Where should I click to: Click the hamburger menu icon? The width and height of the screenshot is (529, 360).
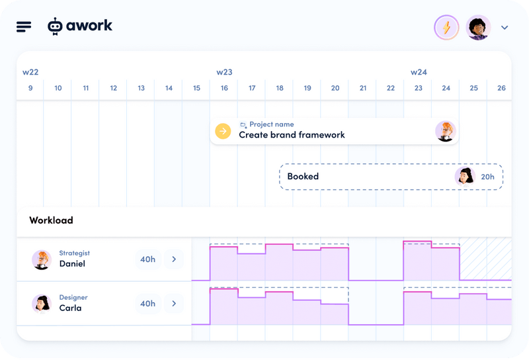(x=24, y=26)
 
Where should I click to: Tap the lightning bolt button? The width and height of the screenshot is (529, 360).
(x=446, y=27)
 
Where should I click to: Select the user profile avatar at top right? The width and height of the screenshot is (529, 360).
(x=478, y=27)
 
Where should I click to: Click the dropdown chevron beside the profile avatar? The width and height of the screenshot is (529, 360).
(x=505, y=28)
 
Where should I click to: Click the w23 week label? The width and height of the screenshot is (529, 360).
(x=224, y=71)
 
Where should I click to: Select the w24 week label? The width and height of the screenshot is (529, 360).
(x=419, y=71)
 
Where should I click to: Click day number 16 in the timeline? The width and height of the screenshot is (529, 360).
(x=224, y=88)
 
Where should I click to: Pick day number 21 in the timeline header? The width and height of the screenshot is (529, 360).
(x=362, y=88)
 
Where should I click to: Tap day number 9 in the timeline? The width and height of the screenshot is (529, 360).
(x=30, y=88)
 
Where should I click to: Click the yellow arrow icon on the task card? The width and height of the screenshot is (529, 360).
(x=223, y=131)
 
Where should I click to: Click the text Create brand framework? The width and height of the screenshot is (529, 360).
(x=292, y=135)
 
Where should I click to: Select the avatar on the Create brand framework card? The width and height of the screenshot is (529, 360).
(x=446, y=131)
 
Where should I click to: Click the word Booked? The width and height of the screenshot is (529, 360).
(x=303, y=177)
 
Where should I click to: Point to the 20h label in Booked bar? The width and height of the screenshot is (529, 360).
(x=487, y=177)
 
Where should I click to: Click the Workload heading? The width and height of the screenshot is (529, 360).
(x=51, y=220)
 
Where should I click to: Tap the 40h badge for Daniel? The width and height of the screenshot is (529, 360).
(x=147, y=259)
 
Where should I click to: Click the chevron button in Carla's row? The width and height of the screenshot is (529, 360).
(x=174, y=304)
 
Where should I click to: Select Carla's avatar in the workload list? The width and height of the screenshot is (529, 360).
(x=42, y=304)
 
